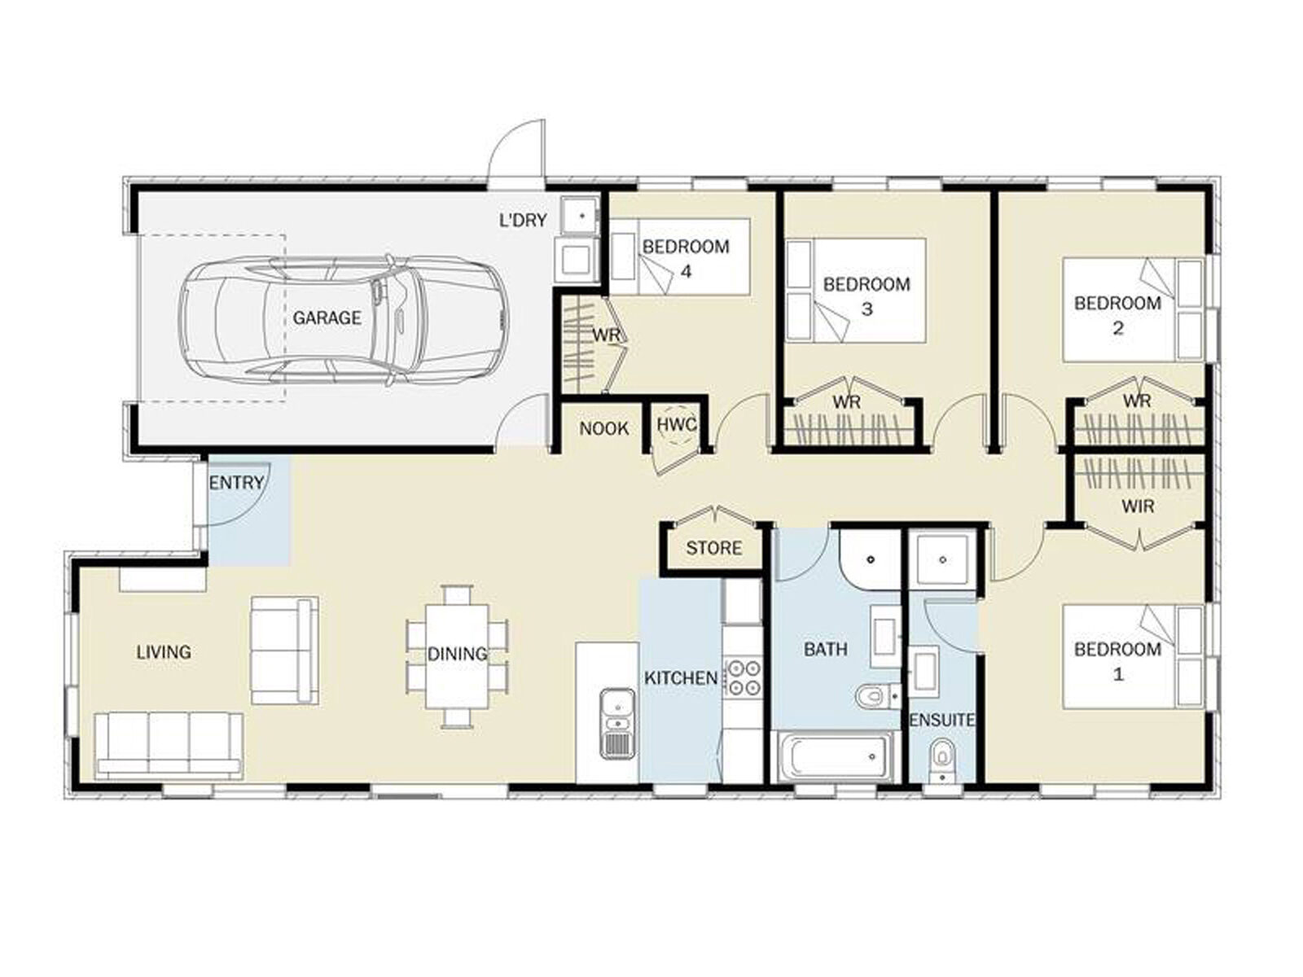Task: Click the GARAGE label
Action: coord(327,318)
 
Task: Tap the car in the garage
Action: coord(343,321)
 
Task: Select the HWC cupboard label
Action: coord(677,425)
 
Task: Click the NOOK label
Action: coord(603,428)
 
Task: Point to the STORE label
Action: coord(714,548)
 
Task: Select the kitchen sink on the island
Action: coord(618,724)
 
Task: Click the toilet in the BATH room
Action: coord(878,696)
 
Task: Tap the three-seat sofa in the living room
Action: coord(169,747)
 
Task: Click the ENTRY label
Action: coord(236,483)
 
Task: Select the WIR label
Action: coord(1138,506)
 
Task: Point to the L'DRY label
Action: coord(522,221)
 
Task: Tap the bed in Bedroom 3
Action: coord(855,291)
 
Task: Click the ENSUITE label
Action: coord(942,721)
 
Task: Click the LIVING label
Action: coord(164,652)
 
